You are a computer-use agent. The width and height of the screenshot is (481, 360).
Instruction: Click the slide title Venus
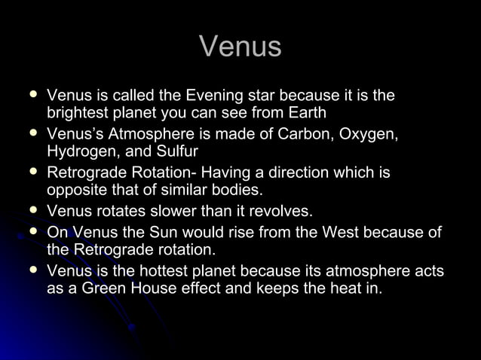click(x=240, y=47)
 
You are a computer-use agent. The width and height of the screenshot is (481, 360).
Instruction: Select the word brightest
click(x=79, y=114)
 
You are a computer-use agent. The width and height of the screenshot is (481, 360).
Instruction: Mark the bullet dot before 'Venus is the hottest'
click(x=31, y=269)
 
